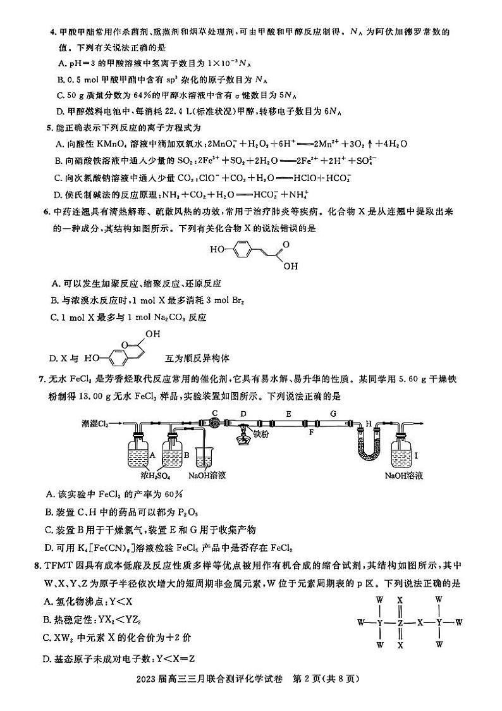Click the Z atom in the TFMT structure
tap(400, 622)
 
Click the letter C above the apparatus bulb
tap(215, 413)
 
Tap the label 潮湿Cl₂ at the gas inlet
tap(95, 423)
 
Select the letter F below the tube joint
tap(311, 434)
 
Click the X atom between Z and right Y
tap(419, 622)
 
